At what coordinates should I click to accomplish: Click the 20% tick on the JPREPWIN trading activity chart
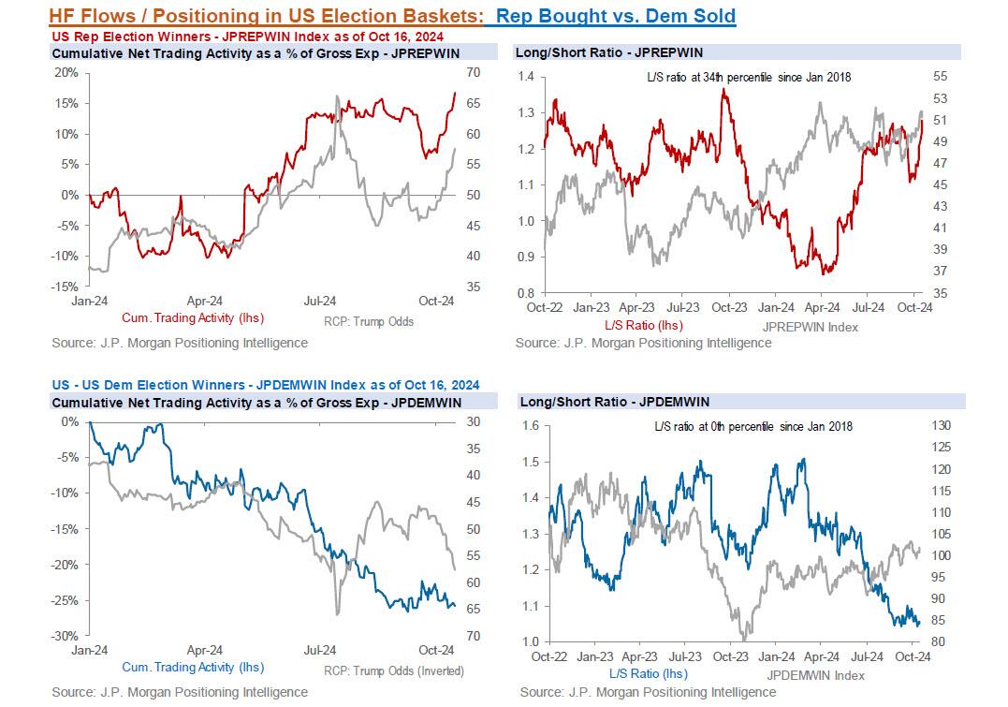pos(66,72)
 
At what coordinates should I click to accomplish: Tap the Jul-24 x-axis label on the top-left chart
pos(319,301)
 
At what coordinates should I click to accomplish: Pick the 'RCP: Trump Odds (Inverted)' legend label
pos(393,670)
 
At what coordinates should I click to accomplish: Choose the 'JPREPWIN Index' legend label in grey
pos(811,327)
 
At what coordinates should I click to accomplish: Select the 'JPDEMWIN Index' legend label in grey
pos(814,674)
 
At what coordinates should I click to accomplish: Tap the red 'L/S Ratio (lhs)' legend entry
pos(644,325)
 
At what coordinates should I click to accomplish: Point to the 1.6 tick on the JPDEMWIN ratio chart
pos(532,426)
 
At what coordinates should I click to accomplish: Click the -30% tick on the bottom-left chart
pos(66,636)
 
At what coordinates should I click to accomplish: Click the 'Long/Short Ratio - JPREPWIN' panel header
pos(608,52)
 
